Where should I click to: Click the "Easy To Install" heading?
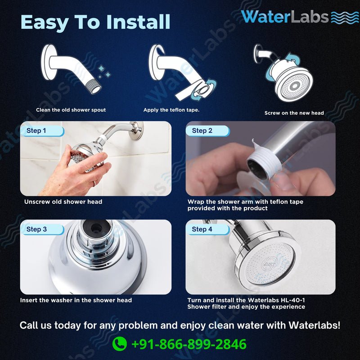(x=95, y=22)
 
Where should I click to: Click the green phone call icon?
(x=119, y=344)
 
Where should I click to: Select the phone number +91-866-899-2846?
(x=189, y=344)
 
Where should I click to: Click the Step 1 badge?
(x=36, y=131)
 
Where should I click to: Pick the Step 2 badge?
(x=202, y=131)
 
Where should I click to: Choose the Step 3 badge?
(x=36, y=229)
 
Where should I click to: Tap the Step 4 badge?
(x=202, y=229)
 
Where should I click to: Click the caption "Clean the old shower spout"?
(x=71, y=110)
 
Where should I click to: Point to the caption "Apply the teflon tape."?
(x=171, y=110)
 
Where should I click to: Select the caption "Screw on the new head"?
(x=294, y=113)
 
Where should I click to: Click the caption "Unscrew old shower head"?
(x=63, y=202)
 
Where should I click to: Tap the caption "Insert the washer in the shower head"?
(x=76, y=300)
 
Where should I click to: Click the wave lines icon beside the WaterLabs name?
(x=345, y=17)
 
